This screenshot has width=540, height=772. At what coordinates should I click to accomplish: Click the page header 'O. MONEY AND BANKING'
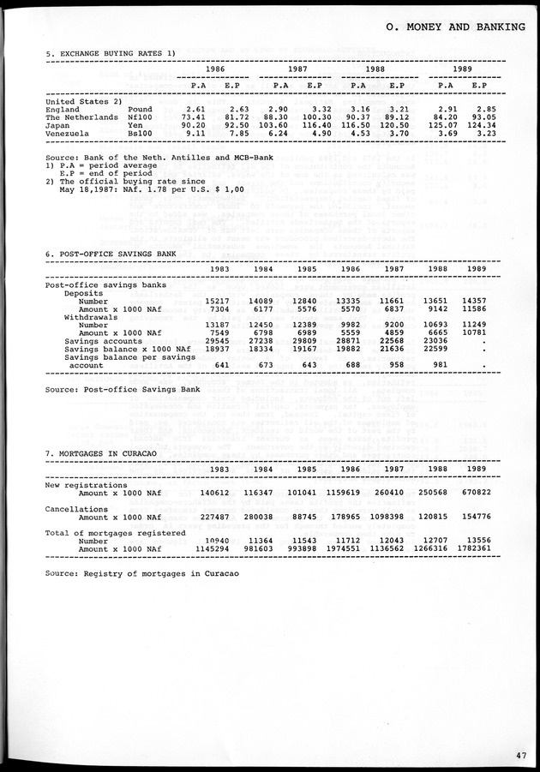455,27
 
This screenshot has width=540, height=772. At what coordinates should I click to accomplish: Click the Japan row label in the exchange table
60,125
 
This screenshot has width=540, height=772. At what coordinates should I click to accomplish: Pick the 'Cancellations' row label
76,509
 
